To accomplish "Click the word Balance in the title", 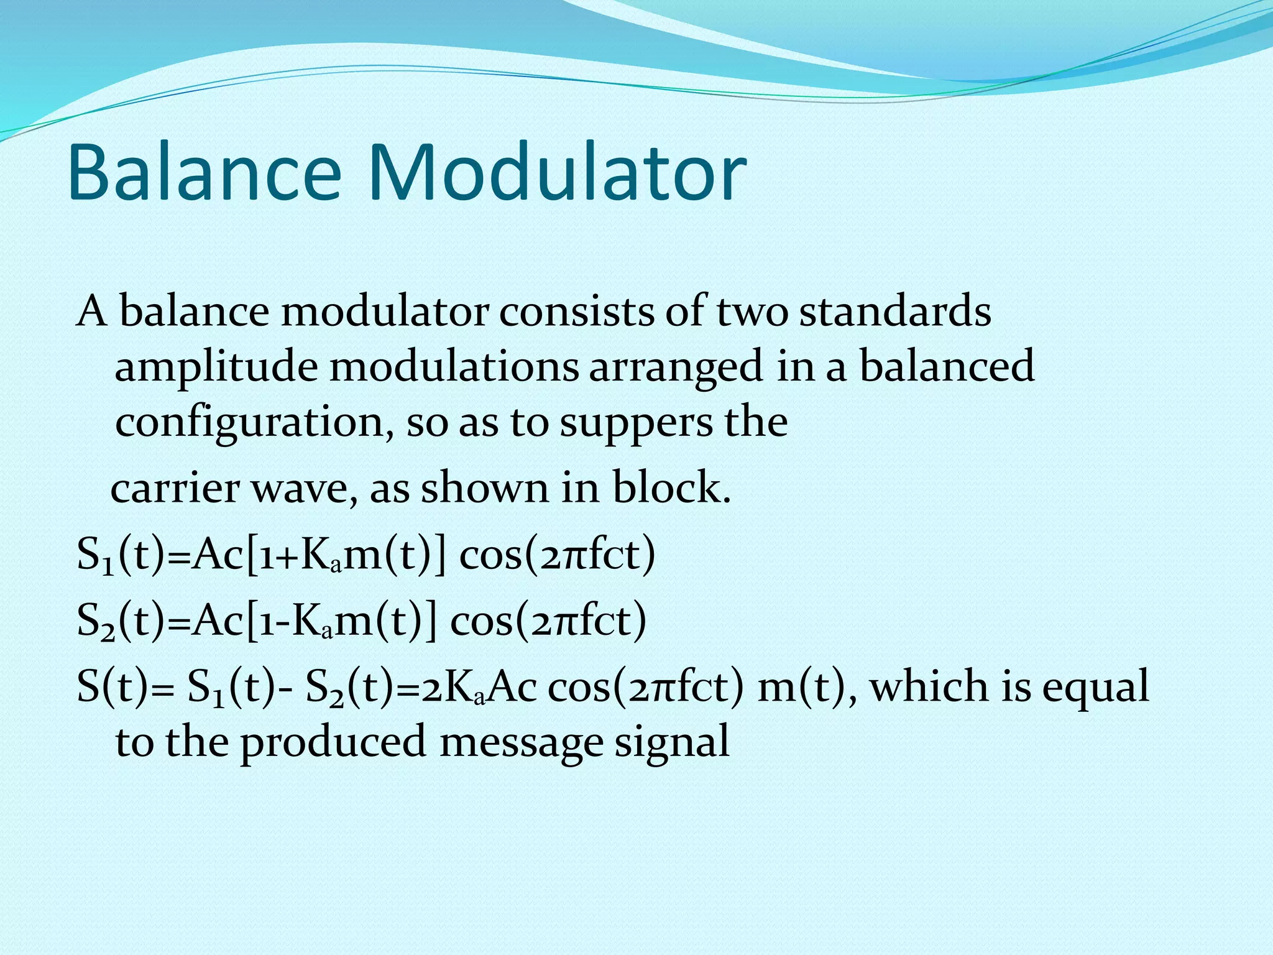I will coord(205,172).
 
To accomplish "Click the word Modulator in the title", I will coord(558,172).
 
